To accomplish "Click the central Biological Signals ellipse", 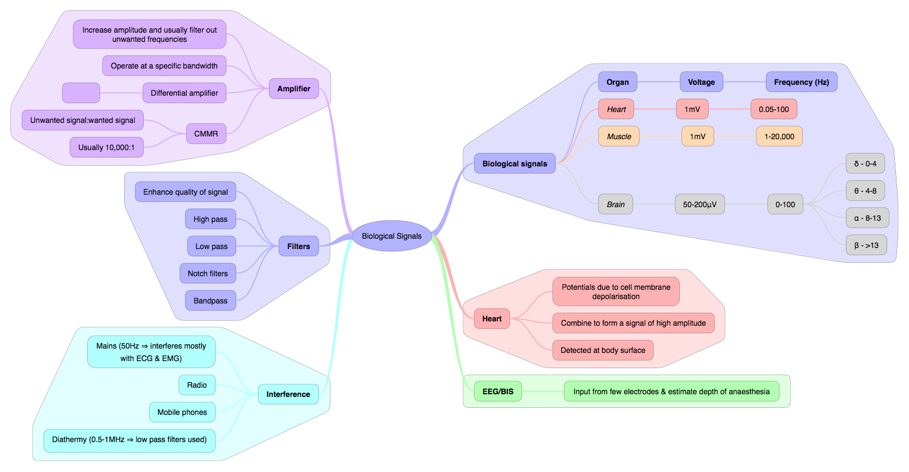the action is point(391,236).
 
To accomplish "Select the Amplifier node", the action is point(294,89).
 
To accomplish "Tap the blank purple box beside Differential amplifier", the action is point(81,93).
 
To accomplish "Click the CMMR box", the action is point(206,133).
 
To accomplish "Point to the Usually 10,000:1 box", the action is point(106,147).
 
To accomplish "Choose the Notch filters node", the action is point(208,274).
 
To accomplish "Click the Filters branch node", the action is point(299,246).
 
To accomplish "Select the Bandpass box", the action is point(211,301).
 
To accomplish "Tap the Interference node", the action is point(288,394).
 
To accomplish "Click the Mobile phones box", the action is point(182,412).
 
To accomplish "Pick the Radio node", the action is point(197,385).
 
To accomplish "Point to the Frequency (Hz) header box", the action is point(801,82).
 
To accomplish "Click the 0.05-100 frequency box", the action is point(774,109).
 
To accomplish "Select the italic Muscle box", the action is point(619,136).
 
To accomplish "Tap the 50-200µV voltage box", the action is point(699,204).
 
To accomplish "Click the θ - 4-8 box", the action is point(865,190).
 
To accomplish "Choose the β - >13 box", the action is point(867,245).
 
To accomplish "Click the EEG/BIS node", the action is point(498,392).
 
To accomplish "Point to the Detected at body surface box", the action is point(603,350).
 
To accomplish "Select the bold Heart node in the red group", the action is point(492,319).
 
